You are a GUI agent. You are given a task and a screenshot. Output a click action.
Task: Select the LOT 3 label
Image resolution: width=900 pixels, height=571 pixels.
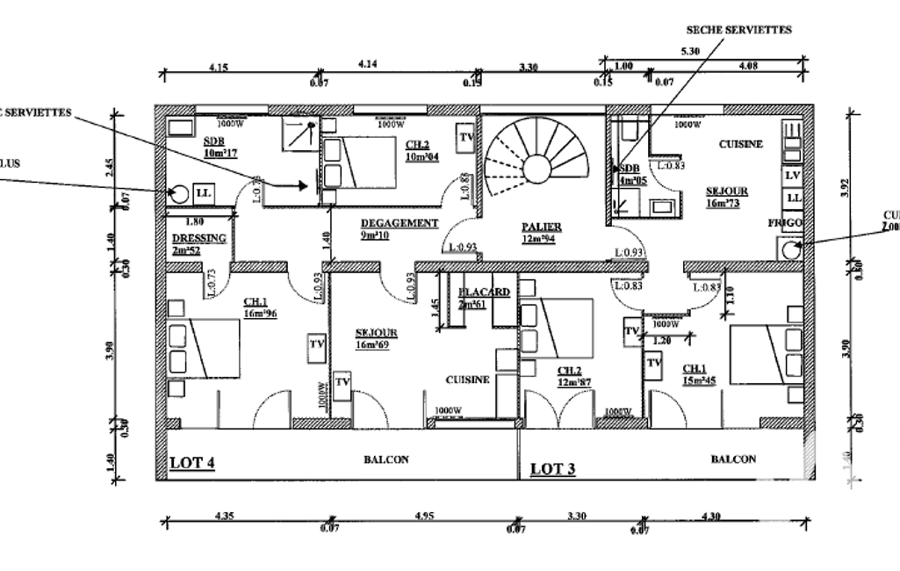(x=553, y=469)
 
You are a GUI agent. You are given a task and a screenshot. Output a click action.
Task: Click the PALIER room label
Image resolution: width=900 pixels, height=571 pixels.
(x=541, y=227)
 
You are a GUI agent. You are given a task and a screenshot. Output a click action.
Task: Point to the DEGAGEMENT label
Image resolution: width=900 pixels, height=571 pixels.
(x=399, y=223)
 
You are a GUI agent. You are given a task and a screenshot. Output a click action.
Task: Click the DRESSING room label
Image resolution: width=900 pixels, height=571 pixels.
(x=199, y=238)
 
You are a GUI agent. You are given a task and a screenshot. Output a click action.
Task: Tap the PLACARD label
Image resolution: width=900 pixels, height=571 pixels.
(x=484, y=293)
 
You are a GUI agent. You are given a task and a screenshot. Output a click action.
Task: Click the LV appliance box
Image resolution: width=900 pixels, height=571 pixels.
(x=792, y=176)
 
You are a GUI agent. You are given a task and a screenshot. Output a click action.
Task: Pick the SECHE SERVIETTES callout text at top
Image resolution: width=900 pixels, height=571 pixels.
(x=738, y=30)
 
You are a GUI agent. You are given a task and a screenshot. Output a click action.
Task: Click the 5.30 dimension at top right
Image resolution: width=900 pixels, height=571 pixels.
(x=690, y=52)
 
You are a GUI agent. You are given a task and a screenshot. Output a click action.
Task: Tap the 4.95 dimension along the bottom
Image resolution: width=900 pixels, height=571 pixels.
(x=423, y=516)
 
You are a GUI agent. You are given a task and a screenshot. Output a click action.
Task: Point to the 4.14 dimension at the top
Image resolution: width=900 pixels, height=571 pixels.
(x=368, y=64)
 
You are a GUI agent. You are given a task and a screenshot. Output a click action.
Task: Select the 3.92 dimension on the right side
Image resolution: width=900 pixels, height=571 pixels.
(x=846, y=186)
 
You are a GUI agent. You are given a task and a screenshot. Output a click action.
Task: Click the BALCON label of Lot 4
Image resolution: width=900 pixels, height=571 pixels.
(x=386, y=459)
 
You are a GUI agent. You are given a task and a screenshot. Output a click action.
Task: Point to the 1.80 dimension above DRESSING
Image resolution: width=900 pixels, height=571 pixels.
(x=196, y=221)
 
